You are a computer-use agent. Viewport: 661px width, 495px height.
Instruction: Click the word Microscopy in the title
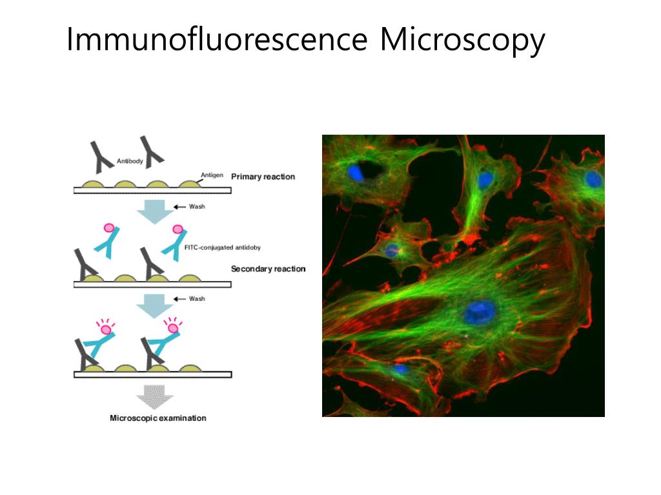pos(462,40)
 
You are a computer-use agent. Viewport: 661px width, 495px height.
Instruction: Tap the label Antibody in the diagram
pos(130,161)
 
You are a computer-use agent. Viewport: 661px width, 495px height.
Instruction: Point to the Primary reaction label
pos(263,177)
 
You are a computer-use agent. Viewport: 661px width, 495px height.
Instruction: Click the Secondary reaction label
pos(268,269)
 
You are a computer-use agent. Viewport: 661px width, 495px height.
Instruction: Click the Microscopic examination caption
pos(158,418)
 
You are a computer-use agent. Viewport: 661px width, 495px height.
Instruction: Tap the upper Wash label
pos(197,207)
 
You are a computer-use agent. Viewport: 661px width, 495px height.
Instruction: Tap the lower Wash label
pos(197,299)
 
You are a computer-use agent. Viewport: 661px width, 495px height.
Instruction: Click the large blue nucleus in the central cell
pos(480,313)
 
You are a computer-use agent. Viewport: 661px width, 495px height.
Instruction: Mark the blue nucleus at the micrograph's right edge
pos(593,179)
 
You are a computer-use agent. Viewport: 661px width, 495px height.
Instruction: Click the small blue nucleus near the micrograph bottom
pos(400,369)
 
